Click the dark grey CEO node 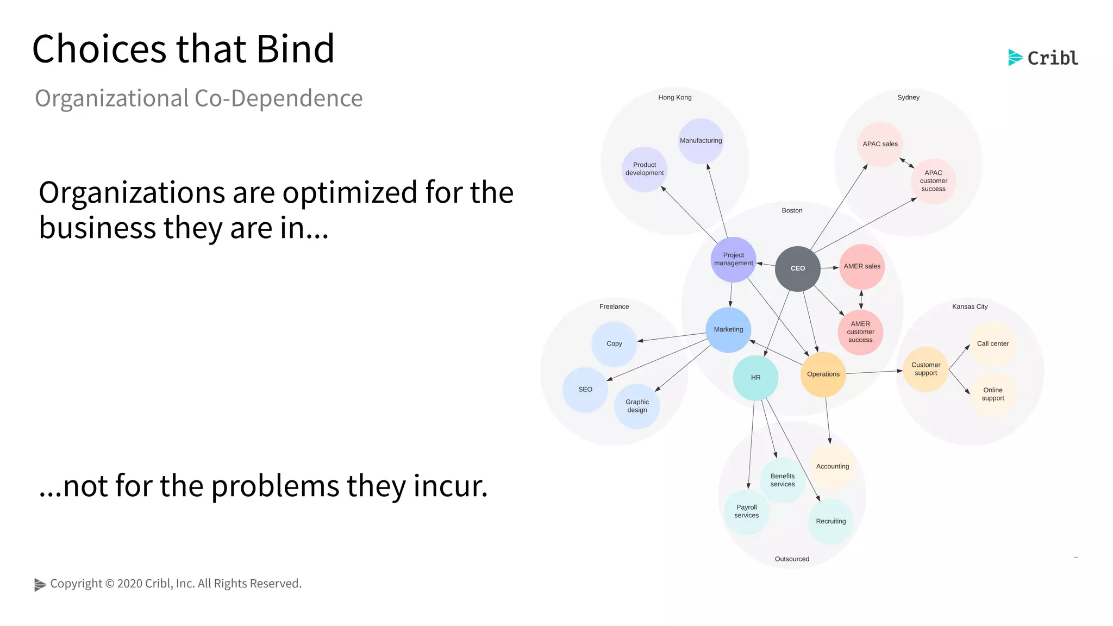coord(797,268)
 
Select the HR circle coord(755,378)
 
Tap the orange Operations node coord(823,374)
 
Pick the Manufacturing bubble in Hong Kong coord(701,141)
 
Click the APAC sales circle coord(880,144)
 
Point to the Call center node coord(992,344)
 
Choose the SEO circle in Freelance coord(585,390)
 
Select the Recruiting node coord(830,522)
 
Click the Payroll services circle coord(746,511)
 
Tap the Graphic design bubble coord(637,406)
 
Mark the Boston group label coord(792,211)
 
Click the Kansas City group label coord(970,307)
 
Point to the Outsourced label coord(792,559)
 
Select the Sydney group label coord(908,98)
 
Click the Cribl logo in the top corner coord(1043,58)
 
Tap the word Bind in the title coord(295,49)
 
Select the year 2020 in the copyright coord(129,584)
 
